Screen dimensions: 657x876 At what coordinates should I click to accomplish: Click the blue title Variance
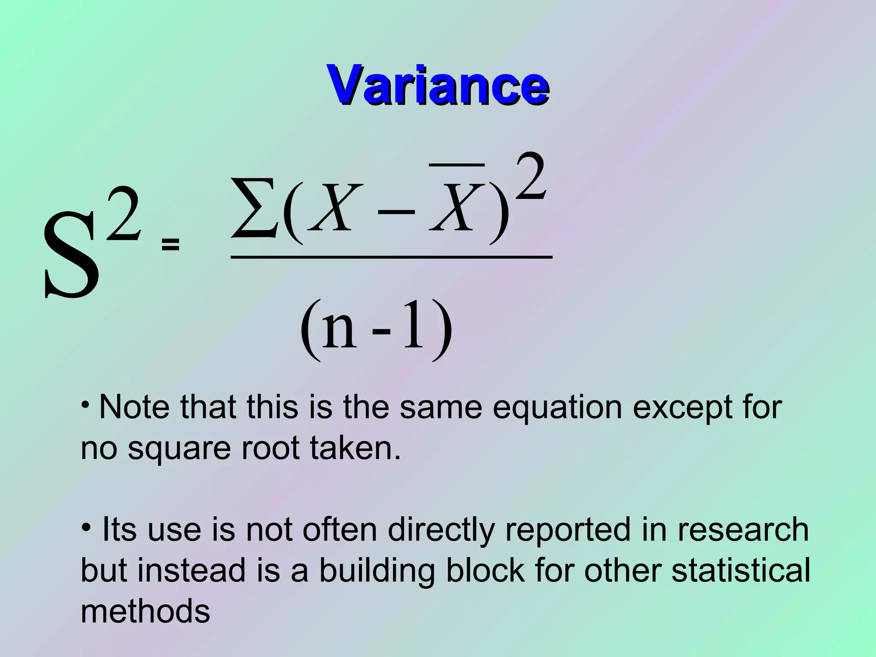(x=438, y=84)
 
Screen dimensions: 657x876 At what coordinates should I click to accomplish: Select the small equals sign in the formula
(x=170, y=245)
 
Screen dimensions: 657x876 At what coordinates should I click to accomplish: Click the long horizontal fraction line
(x=391, y=257)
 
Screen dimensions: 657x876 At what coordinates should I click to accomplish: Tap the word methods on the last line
(x=145, y=611)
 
